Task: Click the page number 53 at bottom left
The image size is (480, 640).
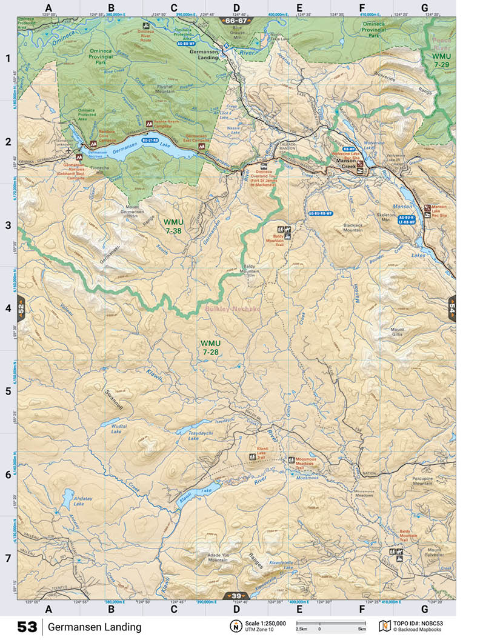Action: [27, 627]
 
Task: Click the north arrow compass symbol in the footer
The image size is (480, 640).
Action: [233, 625]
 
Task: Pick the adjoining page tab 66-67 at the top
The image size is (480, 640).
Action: [236, 21]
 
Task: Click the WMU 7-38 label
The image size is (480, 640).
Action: [173, 226]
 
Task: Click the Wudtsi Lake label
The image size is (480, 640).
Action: [118, 428]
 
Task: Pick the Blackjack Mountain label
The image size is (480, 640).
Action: [353, 228]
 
